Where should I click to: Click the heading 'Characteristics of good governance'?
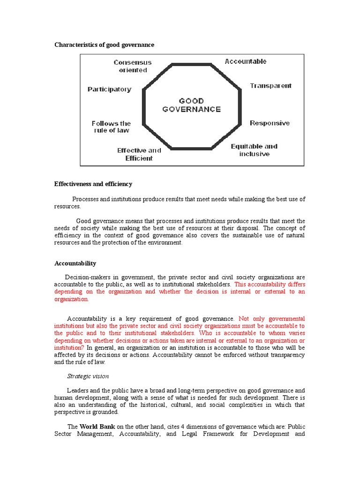(104, 45)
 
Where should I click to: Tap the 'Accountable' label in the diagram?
(245, 61)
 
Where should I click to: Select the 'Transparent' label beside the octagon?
(270, 86)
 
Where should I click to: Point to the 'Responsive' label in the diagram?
(270, 123)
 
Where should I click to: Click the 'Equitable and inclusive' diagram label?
(254, 150)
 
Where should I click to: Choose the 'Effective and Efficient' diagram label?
(139, 154)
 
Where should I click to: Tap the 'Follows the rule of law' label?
(111, 127)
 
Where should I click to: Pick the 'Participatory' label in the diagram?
(109, 89)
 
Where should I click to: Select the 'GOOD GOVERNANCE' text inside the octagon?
(191, 105)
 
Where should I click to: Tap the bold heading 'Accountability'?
(75, 263)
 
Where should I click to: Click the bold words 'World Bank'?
(97, 427)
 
